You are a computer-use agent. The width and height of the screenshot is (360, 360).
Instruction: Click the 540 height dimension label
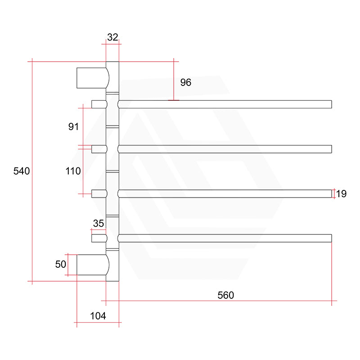22,171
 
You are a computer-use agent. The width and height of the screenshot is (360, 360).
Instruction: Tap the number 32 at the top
112,37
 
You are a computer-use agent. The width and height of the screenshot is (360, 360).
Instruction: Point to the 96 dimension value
185,82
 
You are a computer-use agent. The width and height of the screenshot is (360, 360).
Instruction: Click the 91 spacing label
73,126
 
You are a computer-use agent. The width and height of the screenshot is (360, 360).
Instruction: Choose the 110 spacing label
72,171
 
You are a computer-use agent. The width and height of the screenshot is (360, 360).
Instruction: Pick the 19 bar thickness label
341,194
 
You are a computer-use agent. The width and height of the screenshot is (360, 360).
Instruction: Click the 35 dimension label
99,223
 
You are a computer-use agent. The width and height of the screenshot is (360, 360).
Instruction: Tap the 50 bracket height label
61,264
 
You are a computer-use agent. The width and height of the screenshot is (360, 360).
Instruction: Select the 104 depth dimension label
98,316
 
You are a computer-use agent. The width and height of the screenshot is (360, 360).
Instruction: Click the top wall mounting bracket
93,77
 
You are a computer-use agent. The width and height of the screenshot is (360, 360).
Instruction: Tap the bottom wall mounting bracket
93,265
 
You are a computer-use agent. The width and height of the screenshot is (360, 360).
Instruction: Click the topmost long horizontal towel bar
225,104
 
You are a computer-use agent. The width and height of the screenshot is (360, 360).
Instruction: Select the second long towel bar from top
225,149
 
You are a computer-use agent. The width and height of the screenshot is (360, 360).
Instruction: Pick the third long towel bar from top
225,193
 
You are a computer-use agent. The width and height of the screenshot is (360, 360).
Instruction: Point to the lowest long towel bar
225,238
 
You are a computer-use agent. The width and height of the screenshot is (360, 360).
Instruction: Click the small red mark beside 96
173,100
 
